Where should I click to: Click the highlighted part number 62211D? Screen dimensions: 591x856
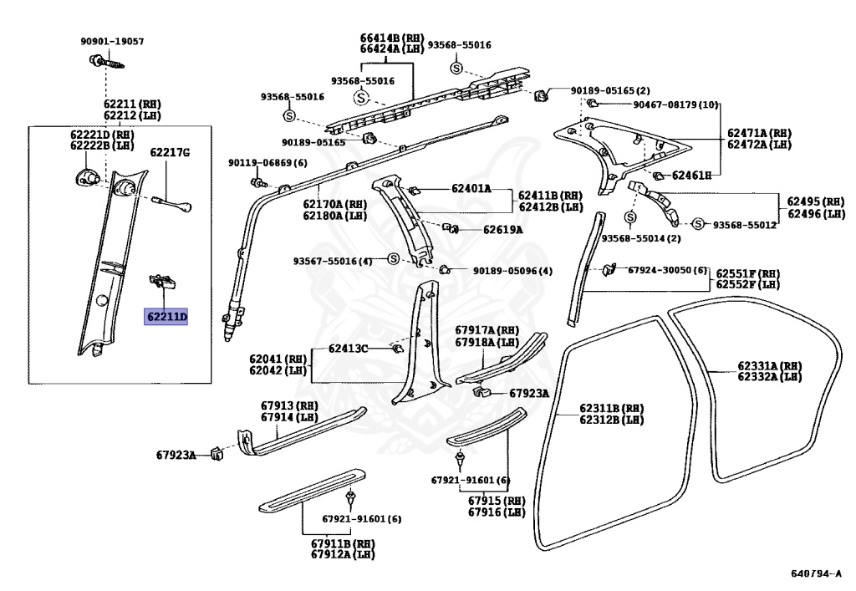166,317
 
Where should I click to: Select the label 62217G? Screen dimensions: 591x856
170,152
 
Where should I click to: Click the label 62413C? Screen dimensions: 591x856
348,348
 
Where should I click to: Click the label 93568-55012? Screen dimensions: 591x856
745,225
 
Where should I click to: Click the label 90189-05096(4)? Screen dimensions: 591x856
512,271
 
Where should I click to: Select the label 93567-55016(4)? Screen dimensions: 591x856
332,261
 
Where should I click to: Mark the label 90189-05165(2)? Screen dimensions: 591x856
610,90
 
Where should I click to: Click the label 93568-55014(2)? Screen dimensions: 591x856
629,238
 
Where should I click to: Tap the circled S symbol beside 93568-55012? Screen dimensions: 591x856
698,224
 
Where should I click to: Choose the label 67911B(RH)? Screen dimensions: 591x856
341,543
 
